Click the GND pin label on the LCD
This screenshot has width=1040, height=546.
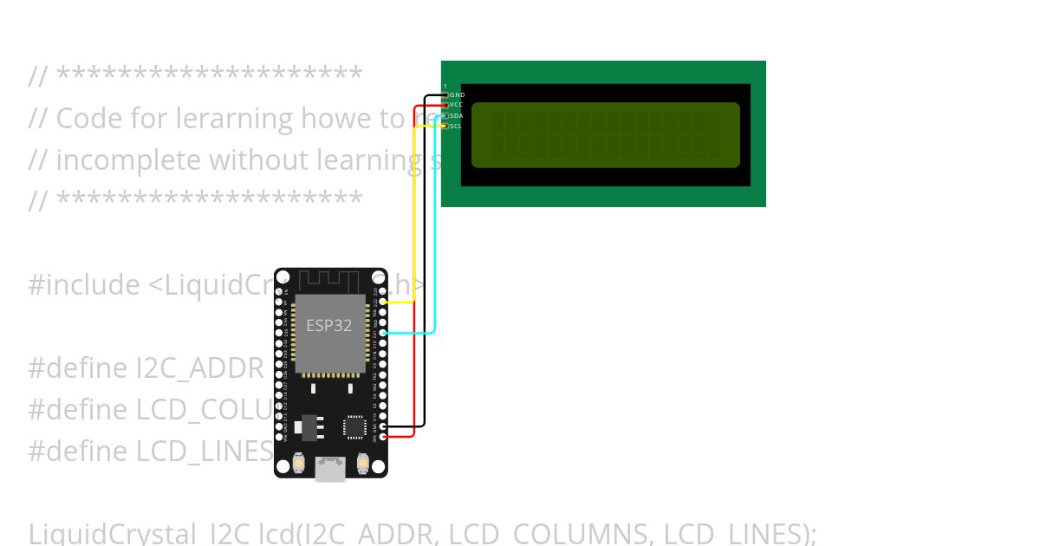tap(457, 94)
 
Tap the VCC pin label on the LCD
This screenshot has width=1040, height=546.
tap(457, 105)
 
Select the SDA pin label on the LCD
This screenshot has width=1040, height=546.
tap(457, 115)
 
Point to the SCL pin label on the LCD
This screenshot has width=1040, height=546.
tap(456, 126)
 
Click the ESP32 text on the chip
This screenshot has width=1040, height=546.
tap(329, 326)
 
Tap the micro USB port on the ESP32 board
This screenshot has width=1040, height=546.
tap(330, 468)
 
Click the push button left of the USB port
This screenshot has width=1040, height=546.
tap(298, 465)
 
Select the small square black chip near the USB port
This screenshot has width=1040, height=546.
tap(354, 426)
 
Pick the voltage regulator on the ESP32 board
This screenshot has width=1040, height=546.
tap(309, 426)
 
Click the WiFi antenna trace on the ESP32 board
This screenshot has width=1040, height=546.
tap(328, 282)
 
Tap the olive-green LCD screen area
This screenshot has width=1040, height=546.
tap(605, 134)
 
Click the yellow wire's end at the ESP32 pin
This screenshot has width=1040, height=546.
tap(383, 302)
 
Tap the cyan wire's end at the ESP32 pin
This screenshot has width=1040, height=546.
tap(383, 333)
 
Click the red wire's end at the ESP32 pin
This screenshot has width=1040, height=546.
tap(383, 437)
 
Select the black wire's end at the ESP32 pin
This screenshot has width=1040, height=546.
tap(383, 426)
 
